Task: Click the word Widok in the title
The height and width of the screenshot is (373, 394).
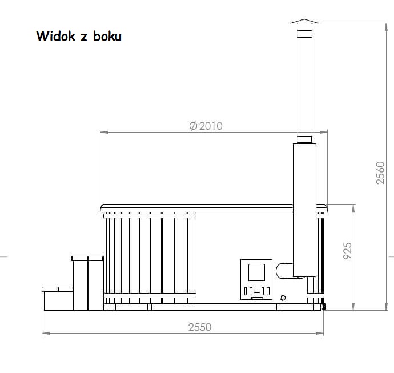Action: click(55, 36)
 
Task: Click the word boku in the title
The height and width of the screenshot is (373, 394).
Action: click(107, 36)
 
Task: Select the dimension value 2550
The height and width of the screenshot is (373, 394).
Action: click(200, 327)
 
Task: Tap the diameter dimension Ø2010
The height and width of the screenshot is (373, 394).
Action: click(206, 126)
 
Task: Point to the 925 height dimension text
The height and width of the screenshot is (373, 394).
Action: click(348, 251)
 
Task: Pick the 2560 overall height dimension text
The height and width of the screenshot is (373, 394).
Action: click(380, 173)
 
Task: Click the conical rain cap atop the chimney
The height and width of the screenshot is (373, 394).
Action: click(304, 21)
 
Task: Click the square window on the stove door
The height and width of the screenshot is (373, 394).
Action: click(256, 272)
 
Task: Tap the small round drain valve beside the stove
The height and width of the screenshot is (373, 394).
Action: click(283, 298)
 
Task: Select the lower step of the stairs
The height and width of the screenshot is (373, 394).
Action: click(58, 299)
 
